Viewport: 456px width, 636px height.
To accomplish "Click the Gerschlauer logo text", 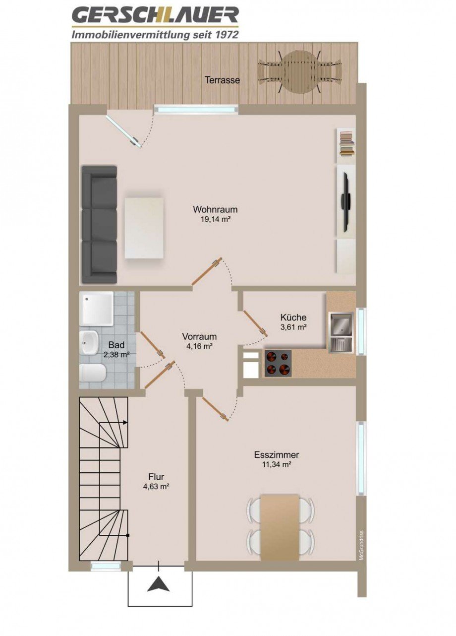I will pyautogui.click(x=155, y=16).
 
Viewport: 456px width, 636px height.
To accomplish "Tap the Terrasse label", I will pyautogui.click(x=223, y=79).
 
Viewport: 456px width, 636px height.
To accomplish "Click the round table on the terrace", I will pyautogui.click(x=300, y=72).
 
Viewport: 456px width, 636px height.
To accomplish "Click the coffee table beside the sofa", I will pyautogui.click(x=144, y=228).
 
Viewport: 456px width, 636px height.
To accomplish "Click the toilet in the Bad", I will pyautogui.click(x=92, y=374).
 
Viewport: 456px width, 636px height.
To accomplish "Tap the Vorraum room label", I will pyautogui.click(x=199, y=336).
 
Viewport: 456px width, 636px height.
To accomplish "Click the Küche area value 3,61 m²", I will pyautogui.click(x=293, y=327).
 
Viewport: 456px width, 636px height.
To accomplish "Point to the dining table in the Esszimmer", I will pyautogui.click(x=280, y=527).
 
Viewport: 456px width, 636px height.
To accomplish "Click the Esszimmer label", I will pyautogui.click(x=276, y=455).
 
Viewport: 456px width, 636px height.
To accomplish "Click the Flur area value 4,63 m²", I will pyautogui.click(x=156, y=487).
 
